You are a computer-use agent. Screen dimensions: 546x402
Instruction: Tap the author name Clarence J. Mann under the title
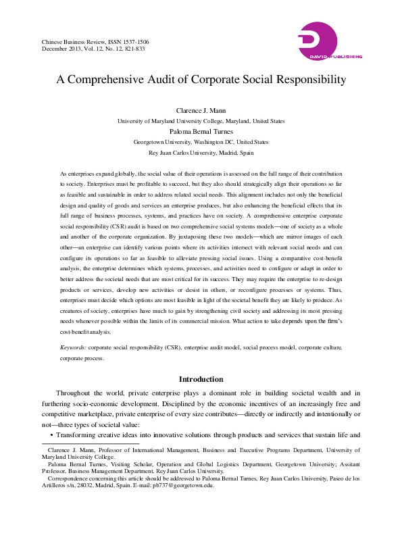coord(201,111)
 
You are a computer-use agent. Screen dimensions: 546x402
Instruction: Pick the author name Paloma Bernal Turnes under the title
coord(201,132)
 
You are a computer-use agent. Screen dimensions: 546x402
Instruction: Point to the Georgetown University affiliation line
coord(201,143)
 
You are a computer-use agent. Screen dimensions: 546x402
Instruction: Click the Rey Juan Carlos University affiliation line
coord(201,153)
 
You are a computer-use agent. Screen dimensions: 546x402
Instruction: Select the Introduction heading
coord(201,379)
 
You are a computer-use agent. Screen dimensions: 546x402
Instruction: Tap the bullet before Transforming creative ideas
coord(52,436)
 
